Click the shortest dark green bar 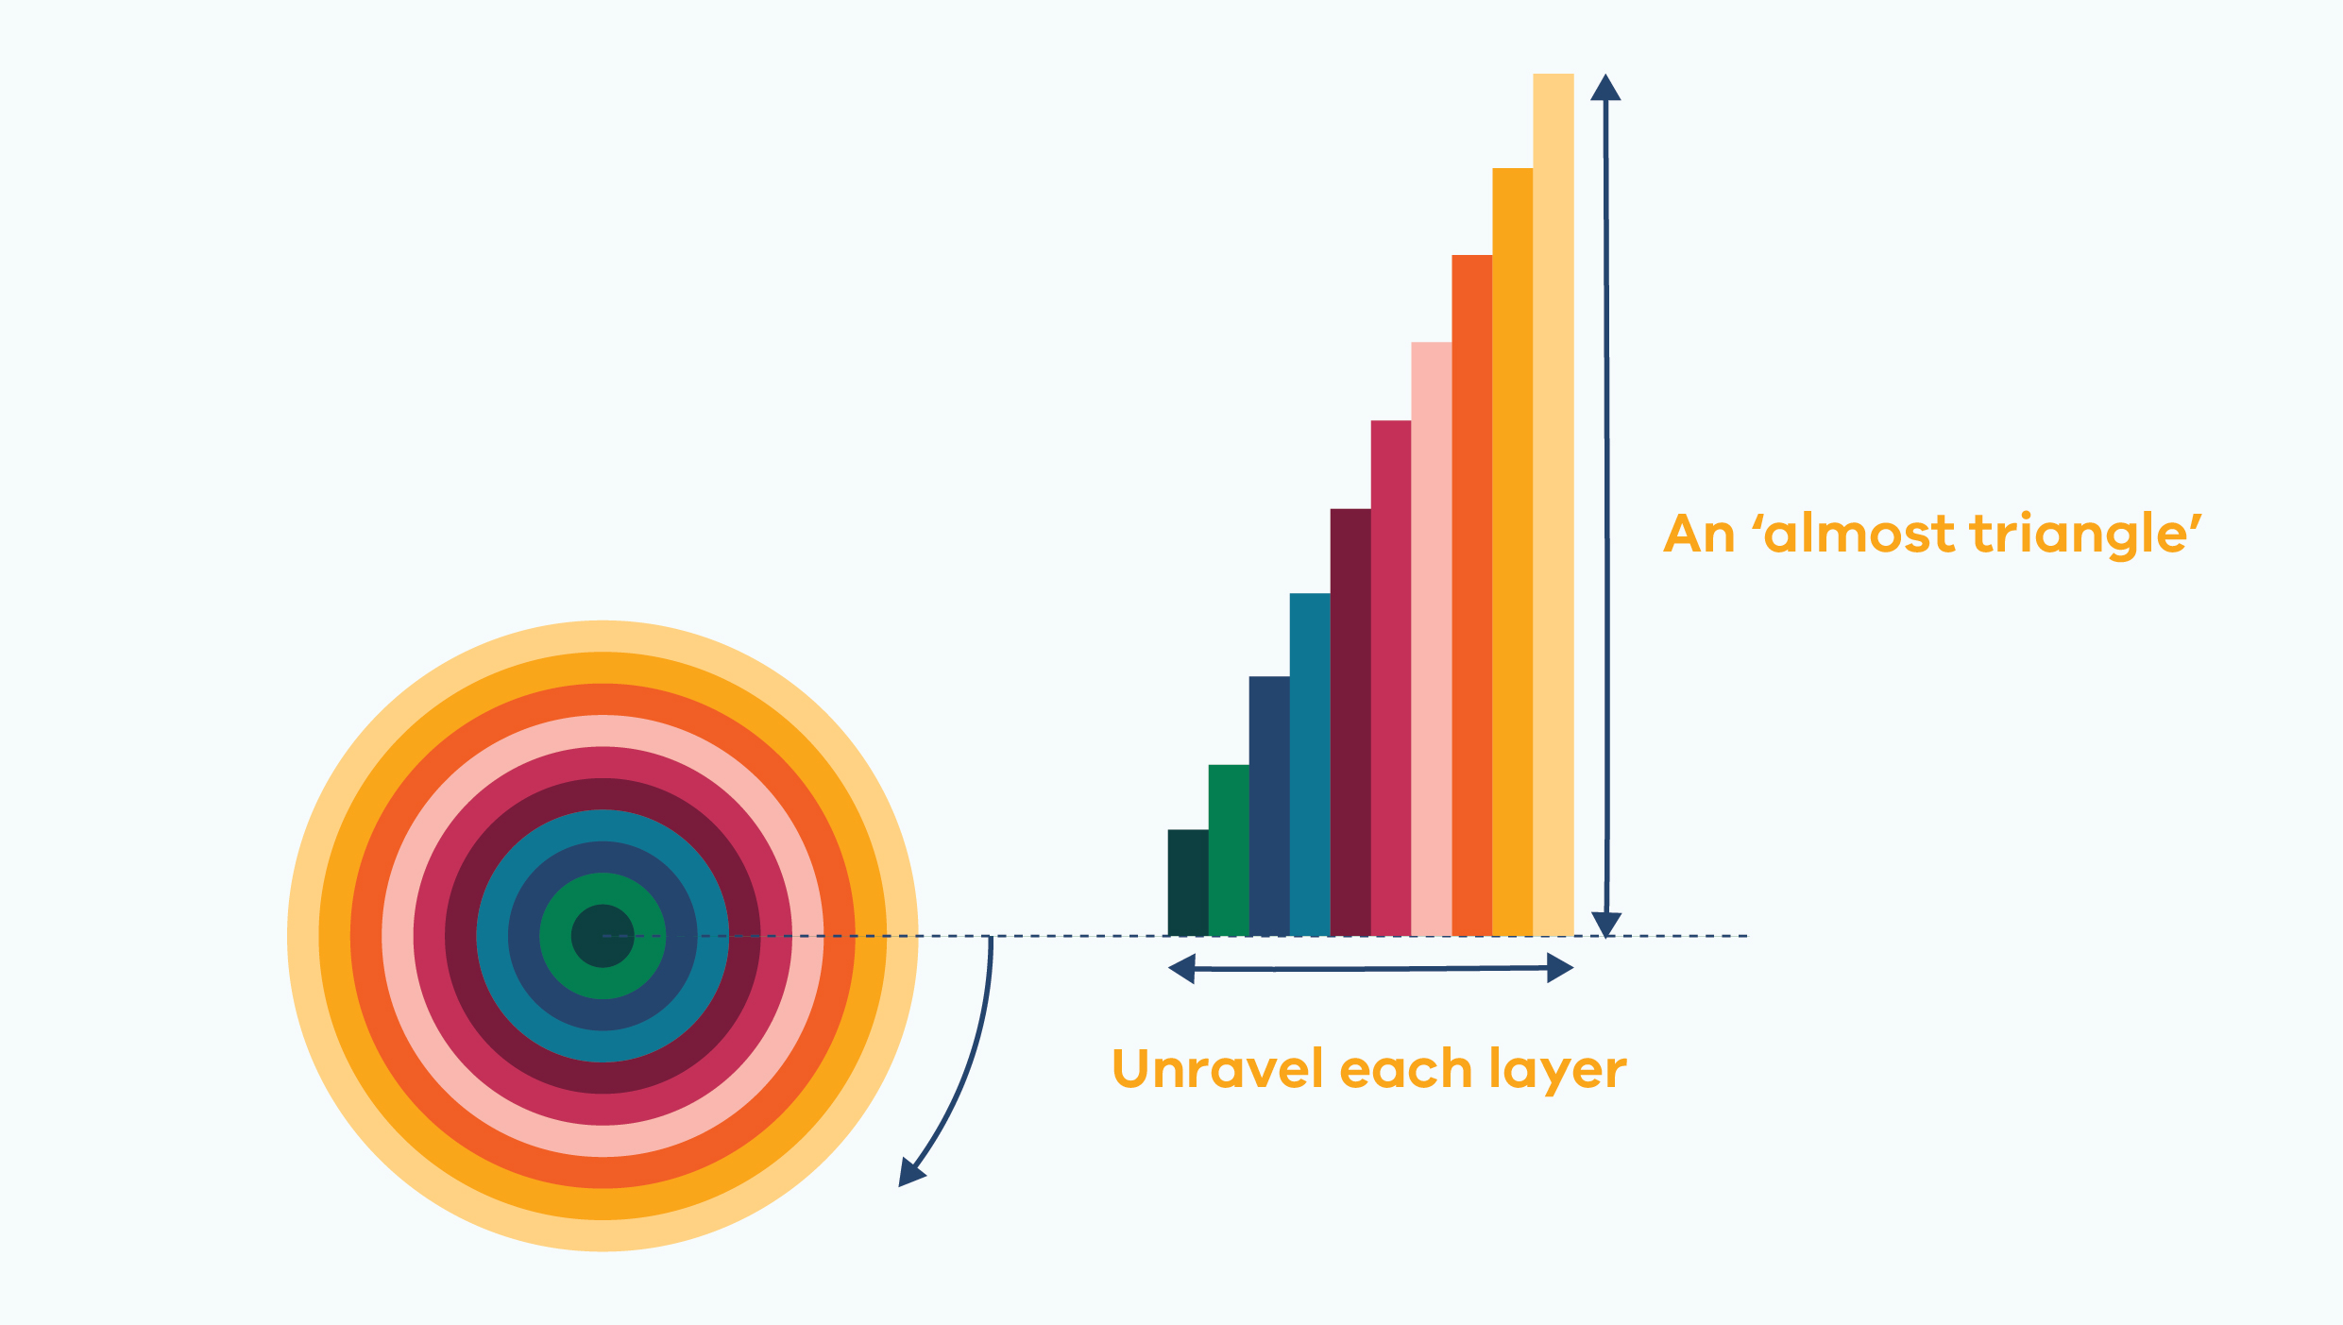point(1188,883)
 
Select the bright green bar point(1229,851)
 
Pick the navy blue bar point(1269,807)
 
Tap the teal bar point(1310,765)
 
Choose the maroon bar point(1350,722)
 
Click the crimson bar point(1391,678)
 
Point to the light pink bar point(1432,639)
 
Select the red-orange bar point(1472,596)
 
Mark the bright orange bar point(1513,552)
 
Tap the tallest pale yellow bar point(1554,505)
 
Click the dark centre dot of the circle point(603,936)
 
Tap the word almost point(1859,534)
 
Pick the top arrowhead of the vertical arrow point(1605,87)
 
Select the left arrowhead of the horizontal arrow point(1181,969)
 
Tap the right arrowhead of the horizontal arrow point(1560,968)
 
